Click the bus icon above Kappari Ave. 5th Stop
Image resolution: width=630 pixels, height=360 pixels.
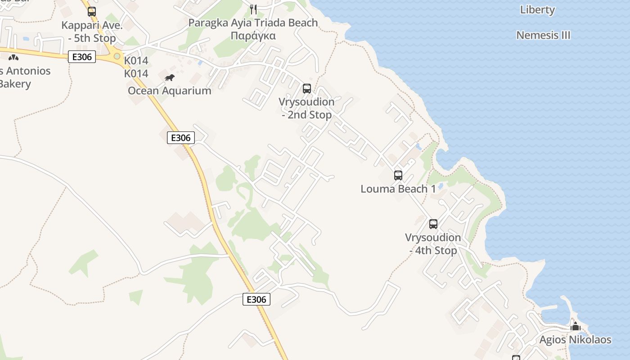[x=92, y=11]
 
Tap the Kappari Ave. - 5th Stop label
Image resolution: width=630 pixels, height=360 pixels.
[x=92, y=32]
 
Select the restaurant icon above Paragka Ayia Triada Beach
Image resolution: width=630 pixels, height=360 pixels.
[x=253, y=9]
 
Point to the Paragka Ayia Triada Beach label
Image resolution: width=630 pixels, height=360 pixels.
[x=253, y=22]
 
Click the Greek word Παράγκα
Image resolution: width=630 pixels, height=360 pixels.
[x=253, y=36]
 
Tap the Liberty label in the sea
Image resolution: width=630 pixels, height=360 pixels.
[x=537, y=9]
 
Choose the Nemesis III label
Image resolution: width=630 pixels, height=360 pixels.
[x=543, y=35]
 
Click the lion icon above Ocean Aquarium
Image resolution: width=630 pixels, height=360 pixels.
[x=169, y=78]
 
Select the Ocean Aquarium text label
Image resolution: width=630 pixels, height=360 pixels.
[x=169, y=90]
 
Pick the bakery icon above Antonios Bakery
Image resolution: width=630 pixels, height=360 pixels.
[x=13, y=57]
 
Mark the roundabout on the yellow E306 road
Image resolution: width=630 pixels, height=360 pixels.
[x=117, y=56]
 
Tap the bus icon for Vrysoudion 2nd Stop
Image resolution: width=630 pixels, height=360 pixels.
[x=307, y=89]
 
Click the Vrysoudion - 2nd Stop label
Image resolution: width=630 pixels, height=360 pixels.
[x=306, y=108]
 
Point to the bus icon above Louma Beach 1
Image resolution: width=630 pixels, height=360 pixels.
[x=398, y=175]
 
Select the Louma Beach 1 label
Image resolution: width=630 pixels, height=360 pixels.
[x=398, y=189]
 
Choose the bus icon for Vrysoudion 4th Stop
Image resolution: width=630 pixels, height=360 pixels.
[x=433, y=224]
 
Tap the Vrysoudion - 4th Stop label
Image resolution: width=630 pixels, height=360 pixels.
[x=433, y=244]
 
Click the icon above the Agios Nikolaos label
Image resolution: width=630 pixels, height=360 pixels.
[x=575, y=326]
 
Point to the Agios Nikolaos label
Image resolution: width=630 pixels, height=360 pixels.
[x=575, y=339]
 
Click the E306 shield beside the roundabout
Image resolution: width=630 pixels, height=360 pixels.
[x=82, y=57]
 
